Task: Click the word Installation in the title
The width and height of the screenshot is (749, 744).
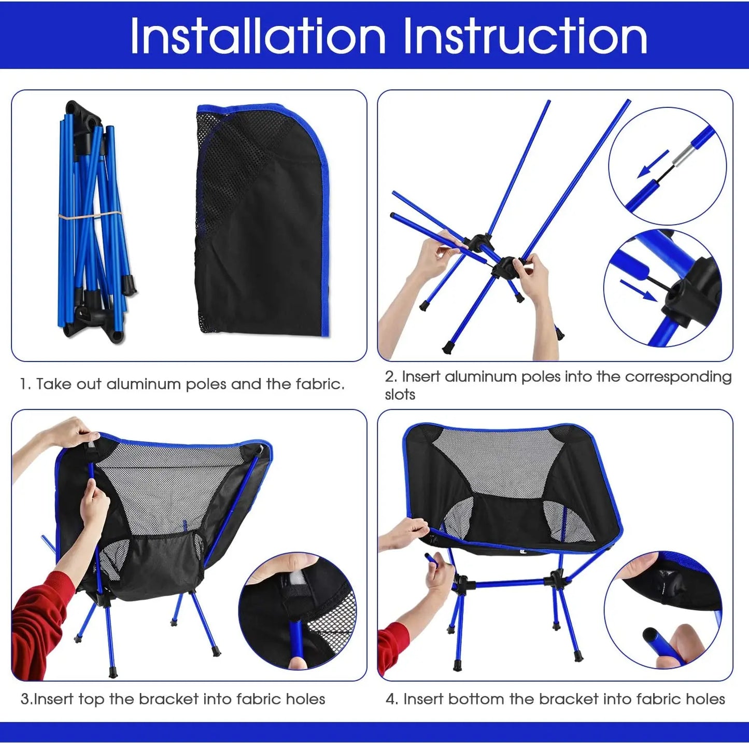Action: point(258,36)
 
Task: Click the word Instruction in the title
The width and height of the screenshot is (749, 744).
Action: point(525,36)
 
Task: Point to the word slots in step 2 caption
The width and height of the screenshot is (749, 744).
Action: point(400,395)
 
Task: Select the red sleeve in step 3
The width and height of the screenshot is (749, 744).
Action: point(39,622)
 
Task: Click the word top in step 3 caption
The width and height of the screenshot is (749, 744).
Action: point(91,699)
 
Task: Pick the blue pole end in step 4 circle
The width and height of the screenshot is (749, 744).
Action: point(654,640)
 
